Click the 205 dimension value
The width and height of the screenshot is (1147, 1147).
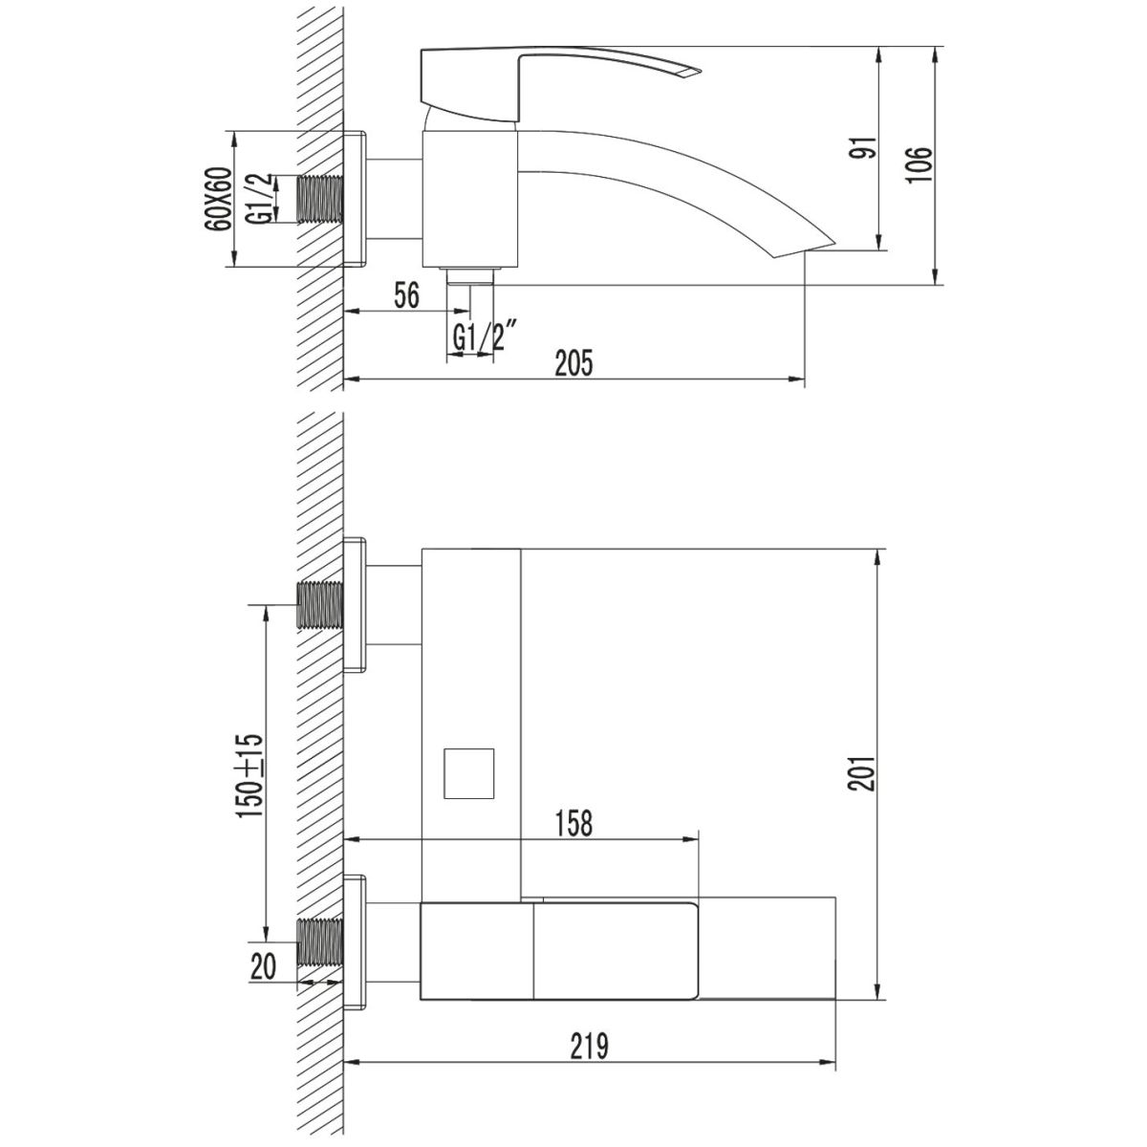(x=574, y=363)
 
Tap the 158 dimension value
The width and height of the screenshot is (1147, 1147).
(x=573, y=823)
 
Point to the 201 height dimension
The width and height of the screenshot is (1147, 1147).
(x=862, y=774)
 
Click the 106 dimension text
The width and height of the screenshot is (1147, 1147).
(x=920, y=164)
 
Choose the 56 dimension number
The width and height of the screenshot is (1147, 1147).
(x=407, y=295)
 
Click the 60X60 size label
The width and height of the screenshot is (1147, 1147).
(x=219, y=199)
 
